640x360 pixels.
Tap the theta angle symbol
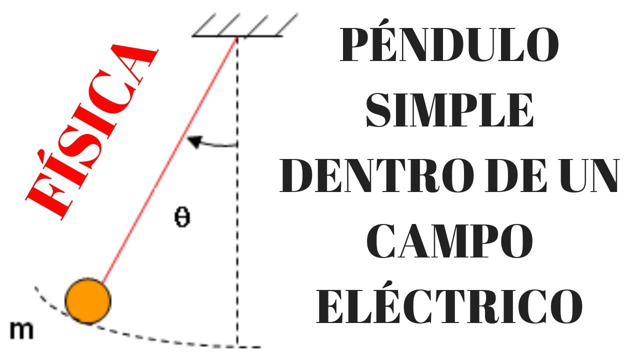(x=182, y=218)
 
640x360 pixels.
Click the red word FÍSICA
(x=90, y=132)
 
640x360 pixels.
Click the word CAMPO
(x=448, y=242)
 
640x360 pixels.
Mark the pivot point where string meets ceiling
(x=236, y=36)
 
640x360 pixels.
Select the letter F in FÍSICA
(x=47, y=202)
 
